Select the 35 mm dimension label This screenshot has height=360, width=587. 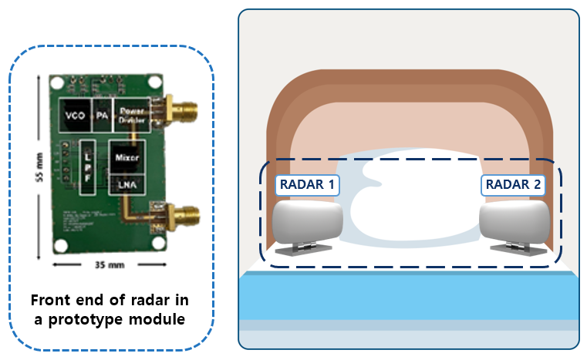(x=107, y=264)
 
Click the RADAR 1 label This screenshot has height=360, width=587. (x=307, y=185)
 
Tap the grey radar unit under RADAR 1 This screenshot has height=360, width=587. (x=307, y=221)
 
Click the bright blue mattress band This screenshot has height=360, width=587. (x=409, y=297)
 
